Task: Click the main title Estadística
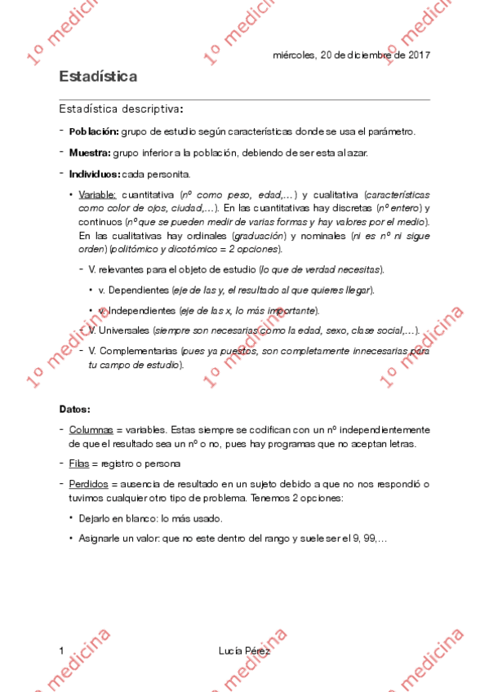97,76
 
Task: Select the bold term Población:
94,131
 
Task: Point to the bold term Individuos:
95,174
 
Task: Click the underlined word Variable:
98,195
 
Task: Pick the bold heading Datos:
74,408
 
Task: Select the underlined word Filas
78,464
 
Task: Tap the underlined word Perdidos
88,484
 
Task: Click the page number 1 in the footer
61,650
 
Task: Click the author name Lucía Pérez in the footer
244,650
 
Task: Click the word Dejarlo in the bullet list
96,518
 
